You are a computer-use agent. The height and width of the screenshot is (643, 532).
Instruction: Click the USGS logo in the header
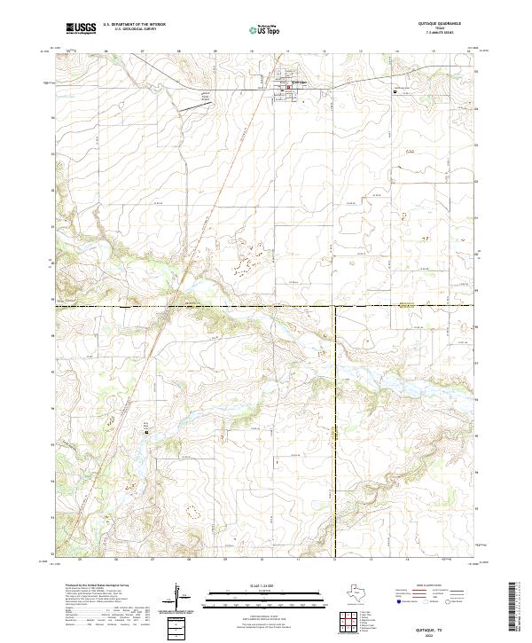click(x=82, y=28)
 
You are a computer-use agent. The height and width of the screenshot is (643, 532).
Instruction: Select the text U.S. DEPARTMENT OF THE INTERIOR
click(x=134, y=25)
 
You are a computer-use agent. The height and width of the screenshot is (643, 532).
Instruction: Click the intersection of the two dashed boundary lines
click(x=335, y=307)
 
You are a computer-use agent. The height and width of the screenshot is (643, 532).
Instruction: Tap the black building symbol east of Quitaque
click(x=395, y=90)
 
